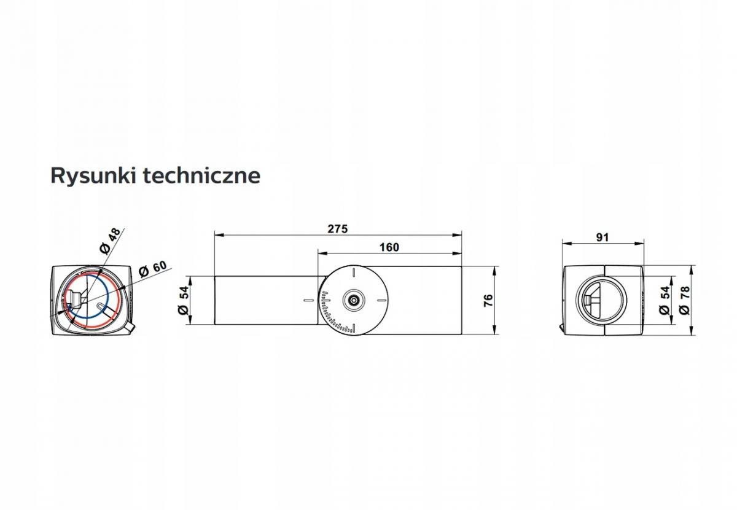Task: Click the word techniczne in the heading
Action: pyautogui.click(x=202, y=176)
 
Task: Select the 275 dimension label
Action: pyautogui.click(x=338, y=229)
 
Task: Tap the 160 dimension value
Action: pyautogui.click(x=389, y=247)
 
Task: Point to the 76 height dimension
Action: pyautogui.click(x=489, y=301)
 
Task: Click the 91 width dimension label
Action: pyautogui.click(x=602, y=238)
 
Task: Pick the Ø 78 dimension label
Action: pyautogui.click(x=685, y=300)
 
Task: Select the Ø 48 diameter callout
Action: pyautogui.click(x=110, y=242)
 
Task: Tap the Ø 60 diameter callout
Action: pyautogui.click(x=153, y=269)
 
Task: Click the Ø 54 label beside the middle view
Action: pyautogui.click(x=184, y=300)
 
